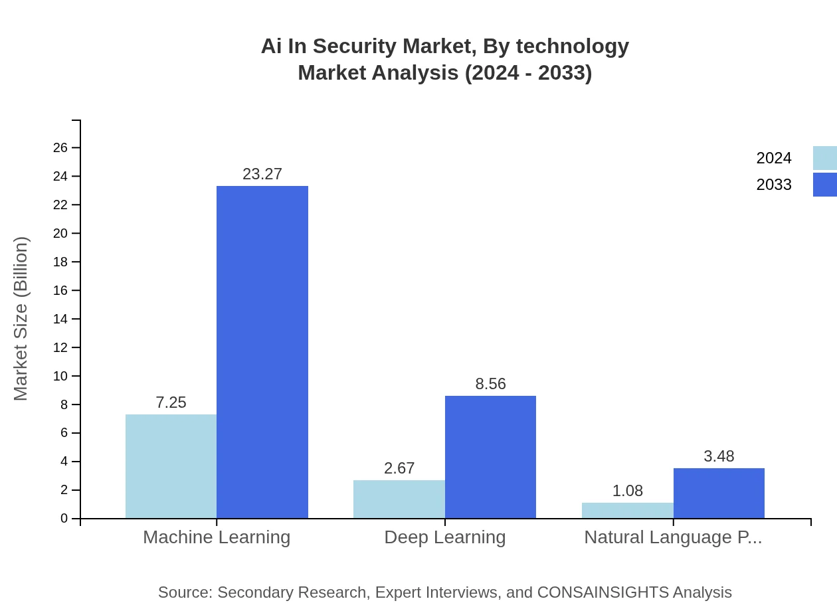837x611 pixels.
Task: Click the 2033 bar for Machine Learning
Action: (x=262, y=352)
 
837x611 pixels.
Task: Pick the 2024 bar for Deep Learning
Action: (x=399, y=499)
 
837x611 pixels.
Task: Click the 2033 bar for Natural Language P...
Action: (x=719, y=493)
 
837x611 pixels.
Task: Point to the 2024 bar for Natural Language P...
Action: (x=627, y=510)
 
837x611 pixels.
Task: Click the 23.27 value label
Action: (x=262, y=174)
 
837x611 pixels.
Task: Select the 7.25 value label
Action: (x=171, y=402)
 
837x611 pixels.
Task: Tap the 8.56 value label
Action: (x=490, y=384)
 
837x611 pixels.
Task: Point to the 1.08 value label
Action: (x=627, y=491)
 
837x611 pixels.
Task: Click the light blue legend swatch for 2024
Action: (x=824, y=158)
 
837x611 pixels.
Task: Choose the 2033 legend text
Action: (x=774, y=185)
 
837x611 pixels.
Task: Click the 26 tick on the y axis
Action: (x=60, y=147)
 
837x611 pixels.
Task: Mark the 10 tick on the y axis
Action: (x=60, y=376)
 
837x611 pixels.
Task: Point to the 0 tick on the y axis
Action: (x=64, y=519)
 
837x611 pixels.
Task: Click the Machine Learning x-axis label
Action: (x=217, y=537)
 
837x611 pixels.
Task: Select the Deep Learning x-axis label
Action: (x=444, y=537)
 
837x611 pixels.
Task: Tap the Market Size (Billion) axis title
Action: (x=21, y=319)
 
